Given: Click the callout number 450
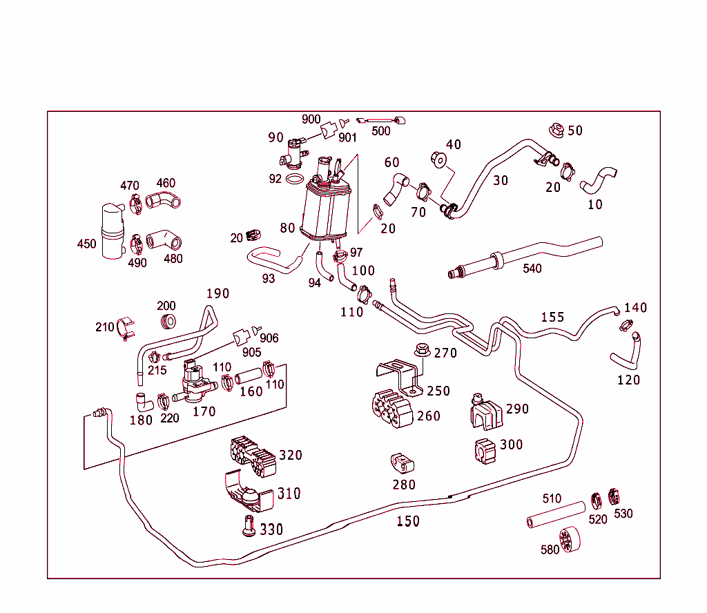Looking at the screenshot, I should click(x=86, y=244).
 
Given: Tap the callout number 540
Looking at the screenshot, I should click(x=532, y=268).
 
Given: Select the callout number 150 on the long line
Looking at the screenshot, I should click(x=408, y=521).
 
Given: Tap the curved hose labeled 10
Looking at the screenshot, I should click(x=599, y=179).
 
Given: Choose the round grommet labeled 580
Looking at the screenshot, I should click(x=568, y=540).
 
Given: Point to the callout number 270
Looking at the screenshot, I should click(x=445, y=353).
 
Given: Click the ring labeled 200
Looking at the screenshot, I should click(x=167, y=322).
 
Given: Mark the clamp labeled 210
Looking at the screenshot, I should click(x=124, y=329).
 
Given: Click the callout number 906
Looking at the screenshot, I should click(x=269, y=338).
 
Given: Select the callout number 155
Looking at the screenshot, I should click(x=552, y=317).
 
